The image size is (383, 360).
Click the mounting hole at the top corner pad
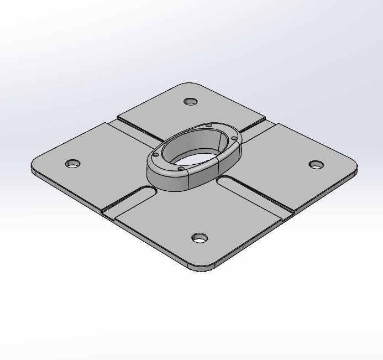coord(191,102)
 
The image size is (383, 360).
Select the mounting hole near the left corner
coord(72,164)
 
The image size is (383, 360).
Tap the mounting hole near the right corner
coord(316,164)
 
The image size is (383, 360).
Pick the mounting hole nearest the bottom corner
coord(200,238)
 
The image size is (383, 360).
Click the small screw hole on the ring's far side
coord(208,126)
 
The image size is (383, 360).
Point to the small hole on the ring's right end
coord(234,138)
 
